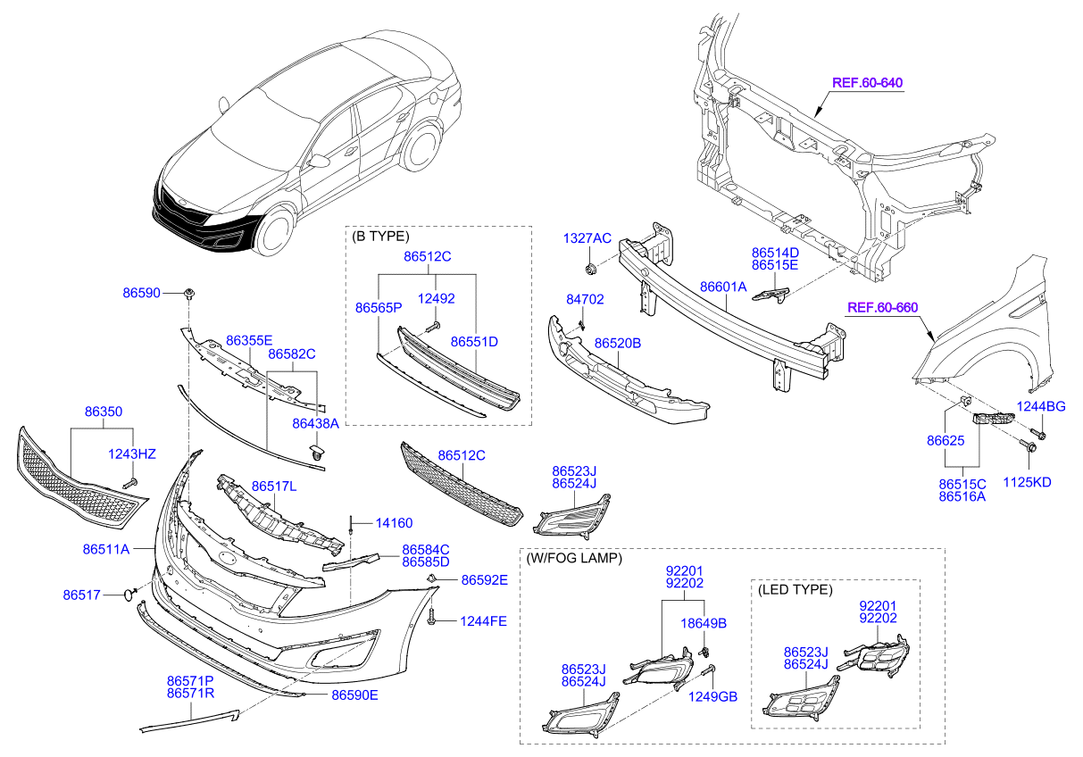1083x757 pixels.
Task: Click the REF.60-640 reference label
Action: pyautogui.click(x=867, y=83)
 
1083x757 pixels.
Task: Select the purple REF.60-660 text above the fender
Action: pyautogui.click(x=882, y=308)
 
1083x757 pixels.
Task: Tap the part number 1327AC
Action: pyautogui.click(x=587, y=238)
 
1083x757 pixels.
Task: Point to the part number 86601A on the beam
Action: pyautogui.click(x=724, y=287)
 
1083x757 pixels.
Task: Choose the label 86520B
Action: pyautogui.click(x=618, y=343)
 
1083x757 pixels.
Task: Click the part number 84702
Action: pyautogui.click(x=585, y=301)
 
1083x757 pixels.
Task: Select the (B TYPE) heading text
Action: pyautogui.click(x=380, y=237)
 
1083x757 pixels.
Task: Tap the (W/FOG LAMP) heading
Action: pyautogui.click(x=573, y=558)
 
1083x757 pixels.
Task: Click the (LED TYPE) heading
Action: pyautogui.click(x=794, y=590)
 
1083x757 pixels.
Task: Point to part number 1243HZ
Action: pyautogui.click(x=132, y=454)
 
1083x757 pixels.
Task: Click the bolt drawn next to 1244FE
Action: pyautogui.click(x=432, y=616)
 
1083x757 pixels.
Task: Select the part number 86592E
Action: pyautogui.click(x=484, y=580)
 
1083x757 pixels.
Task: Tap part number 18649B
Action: pyautogui.click(x=704, y=622)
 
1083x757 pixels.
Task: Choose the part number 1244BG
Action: pyautogui.click(x=1043, y=407)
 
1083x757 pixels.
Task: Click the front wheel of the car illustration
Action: pyautogui.click(x=278, y=231)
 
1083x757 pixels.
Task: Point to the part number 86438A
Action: pyautogui.click(x=316, y=423)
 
